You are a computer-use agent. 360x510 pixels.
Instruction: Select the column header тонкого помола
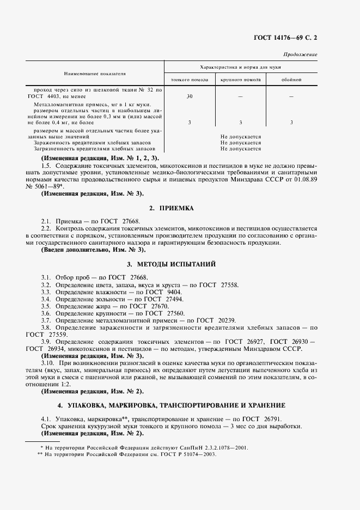click(x=189, y=80)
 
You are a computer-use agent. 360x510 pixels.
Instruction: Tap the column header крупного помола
click(x=240, y=80)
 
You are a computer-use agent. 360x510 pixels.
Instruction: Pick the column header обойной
click(x=291, y=80)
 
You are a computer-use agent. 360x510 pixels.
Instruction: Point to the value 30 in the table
click(x=189, y=96)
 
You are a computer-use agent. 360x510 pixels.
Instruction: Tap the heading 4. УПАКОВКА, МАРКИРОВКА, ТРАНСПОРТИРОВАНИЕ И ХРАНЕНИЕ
click(x=179, y=406)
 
